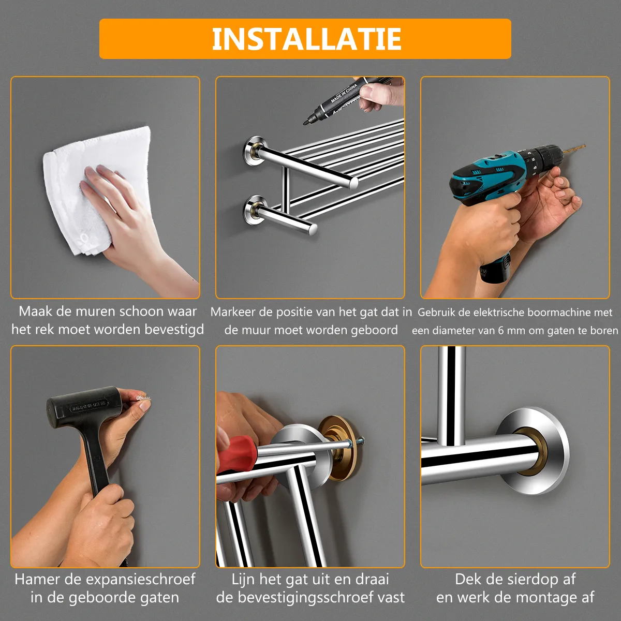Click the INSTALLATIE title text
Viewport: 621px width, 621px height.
coord(306,39)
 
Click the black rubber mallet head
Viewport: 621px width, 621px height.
coord(84,407)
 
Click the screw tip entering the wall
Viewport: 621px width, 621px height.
coord(362,439)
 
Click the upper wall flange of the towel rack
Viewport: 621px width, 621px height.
coord(255,151)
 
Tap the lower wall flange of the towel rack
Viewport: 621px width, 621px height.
coord(255,210)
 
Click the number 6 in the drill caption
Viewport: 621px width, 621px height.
coord(500,331)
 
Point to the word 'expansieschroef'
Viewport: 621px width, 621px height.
coord(141,580)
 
